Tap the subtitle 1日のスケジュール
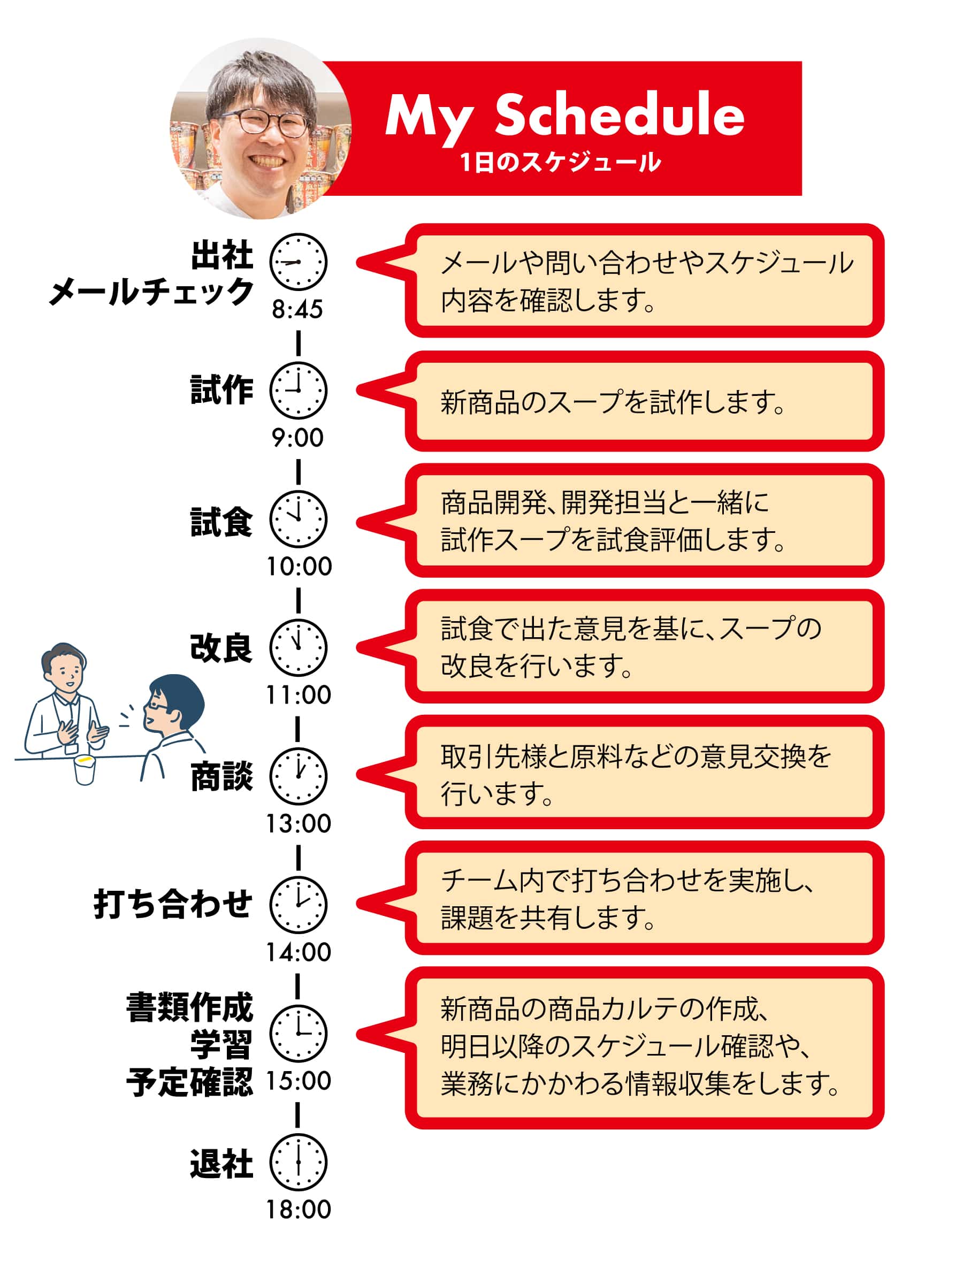[x=561, y=162]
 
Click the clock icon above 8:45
[x=299, y=262]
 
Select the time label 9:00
[x=298, y=438]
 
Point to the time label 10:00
[x=299, y=566]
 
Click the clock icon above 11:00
[x=299, y=647]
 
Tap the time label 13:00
[x=299, y=824]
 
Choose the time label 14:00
[x=299, y=952]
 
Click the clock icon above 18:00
[x=299, y=1162]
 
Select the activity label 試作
[x=221, y=389]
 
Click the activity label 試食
[x=221, y=522]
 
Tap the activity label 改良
[x=221, y=648]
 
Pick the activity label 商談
[x=221, y=776]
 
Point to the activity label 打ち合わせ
[x=173, y=904]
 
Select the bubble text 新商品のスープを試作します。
[x=613, y=402]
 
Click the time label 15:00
[x=299, y=1081]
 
